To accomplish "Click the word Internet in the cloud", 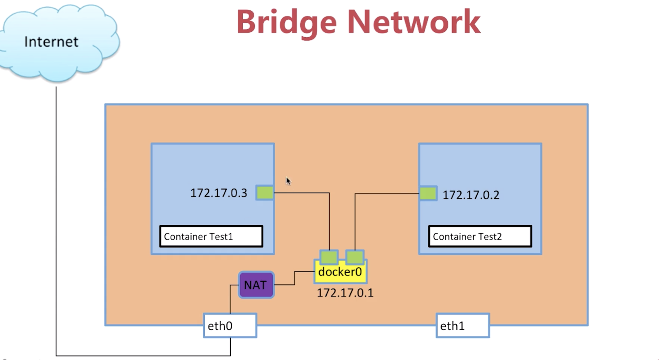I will click(x=51, y=42).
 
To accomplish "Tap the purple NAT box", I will click(x=256, y=285).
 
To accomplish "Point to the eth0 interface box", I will click(x=230, y=326).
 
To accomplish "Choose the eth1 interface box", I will click(x=462, y=326).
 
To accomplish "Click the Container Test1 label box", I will click(x=211, y=236).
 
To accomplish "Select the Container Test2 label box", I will click(x=480, y=236).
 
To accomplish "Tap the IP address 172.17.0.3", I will click(x=219, y=193).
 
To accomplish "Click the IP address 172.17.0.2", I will click(x=471, y=195).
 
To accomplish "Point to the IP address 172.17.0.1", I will click(x=345, y=293).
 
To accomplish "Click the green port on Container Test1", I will click(x=265, y=193).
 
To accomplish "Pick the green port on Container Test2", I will click(x=428, y=193).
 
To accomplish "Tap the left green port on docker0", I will click(x=329, y=257).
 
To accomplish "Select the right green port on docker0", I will click(x=355, y=257).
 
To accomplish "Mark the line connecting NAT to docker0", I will click(x=294, y=278).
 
